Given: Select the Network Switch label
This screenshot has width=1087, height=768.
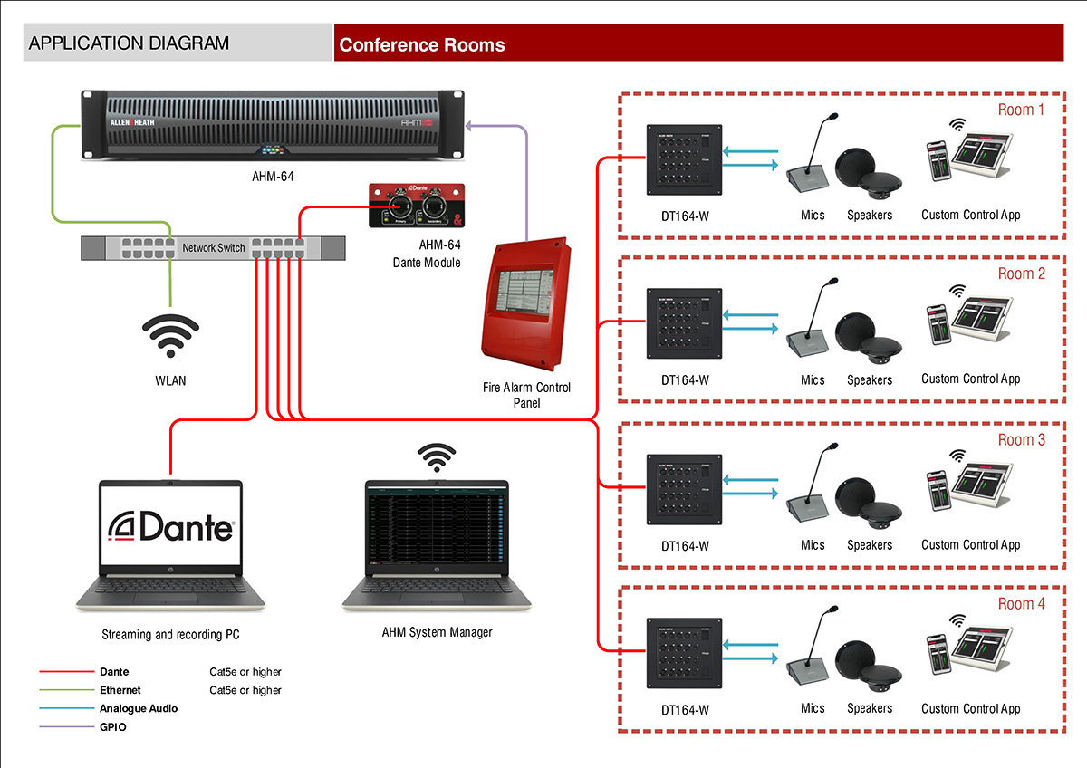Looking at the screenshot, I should click(x=214, y=247).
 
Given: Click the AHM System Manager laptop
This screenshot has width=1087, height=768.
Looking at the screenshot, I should click(x=437, y=548).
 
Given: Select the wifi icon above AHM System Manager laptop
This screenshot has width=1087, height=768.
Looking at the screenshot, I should click(x=437, y=458).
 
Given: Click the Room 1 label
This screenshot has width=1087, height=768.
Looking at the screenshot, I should click(x=1021, y=110).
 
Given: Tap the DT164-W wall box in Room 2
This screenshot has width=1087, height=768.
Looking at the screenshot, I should click(x=684, y=324).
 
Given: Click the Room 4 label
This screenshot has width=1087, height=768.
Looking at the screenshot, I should click(x=1021, y=604).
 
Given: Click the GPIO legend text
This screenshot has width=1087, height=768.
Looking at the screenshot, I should click(x=113, y=726).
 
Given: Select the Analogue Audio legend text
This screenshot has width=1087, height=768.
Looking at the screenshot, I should click(x=138, y=708).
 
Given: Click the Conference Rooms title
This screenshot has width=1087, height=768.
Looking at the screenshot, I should click(x=422, y=44).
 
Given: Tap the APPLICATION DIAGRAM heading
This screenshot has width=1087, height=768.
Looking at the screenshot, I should click(x=129, y=43).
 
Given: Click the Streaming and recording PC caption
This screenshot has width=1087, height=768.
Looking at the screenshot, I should click(x=170, y=635).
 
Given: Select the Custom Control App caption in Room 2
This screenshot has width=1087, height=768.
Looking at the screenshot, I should click(x=970, y=379).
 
